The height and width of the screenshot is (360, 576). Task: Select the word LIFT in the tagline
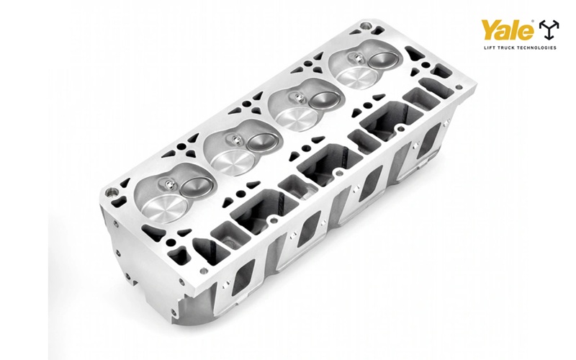pos(489,48)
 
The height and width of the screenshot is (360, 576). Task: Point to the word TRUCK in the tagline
pos(508,48)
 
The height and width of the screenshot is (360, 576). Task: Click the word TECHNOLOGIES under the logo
pos(539,48)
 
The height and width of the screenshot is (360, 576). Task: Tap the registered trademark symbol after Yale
pos(534,23)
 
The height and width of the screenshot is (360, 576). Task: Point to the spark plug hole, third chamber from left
pos(295,96)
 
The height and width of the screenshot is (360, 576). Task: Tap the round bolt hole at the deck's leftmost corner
pos(112,193)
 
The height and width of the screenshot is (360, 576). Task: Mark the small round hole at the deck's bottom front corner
pos(204,271)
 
